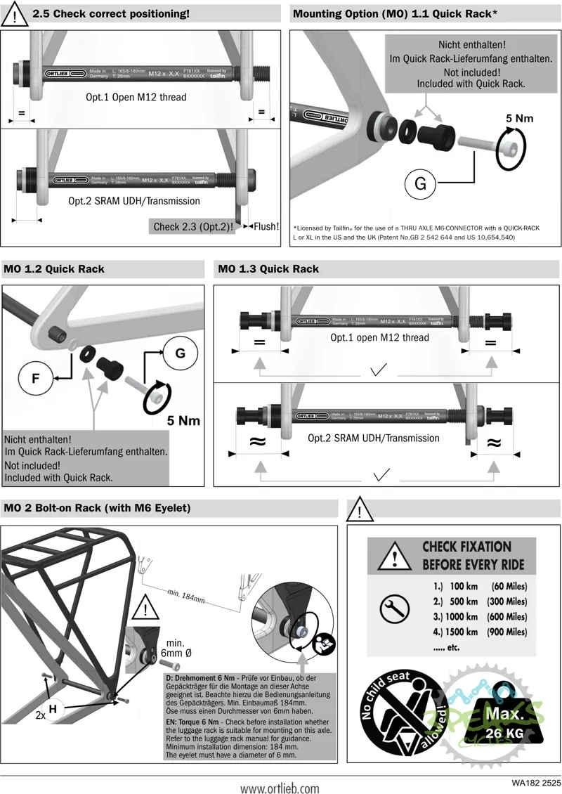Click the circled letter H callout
click(x=53, y=710)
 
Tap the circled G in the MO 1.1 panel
click(x=420, y=184)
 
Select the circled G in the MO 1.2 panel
click(x=180, y=353)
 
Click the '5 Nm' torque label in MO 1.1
click(x=519, y=118)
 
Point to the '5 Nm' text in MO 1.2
click(x=183, y=421)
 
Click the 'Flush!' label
click(x=266, y=226)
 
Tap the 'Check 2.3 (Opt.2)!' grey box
click(x=193, y=226)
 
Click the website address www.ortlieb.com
click(x=280, y=788)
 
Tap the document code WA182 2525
click(x=536, y=781)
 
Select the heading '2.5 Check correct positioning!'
click(x=111, y=13)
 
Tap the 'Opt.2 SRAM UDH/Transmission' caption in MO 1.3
click(x=374, y=438)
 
